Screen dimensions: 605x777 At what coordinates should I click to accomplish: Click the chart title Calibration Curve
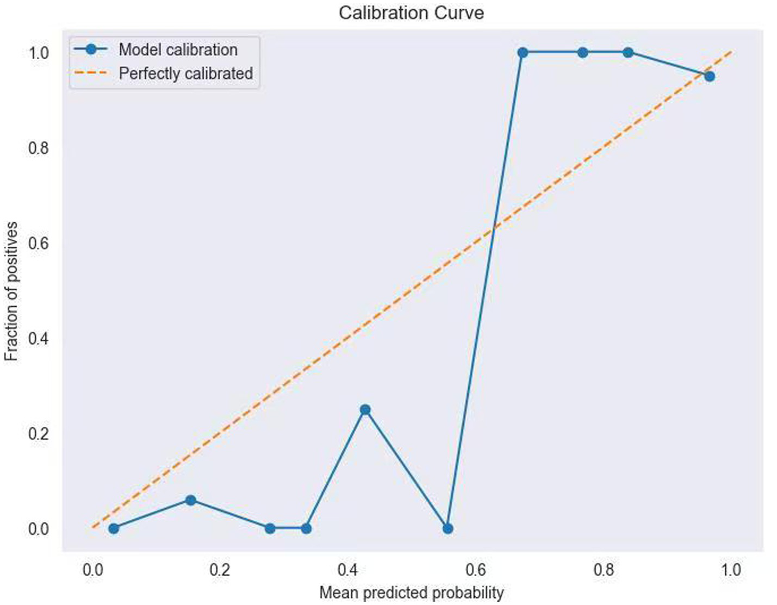coord(411,13)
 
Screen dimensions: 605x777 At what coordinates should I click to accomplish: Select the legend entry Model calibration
coord(178,49)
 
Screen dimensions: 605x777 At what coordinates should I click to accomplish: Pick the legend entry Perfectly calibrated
coord(185,73)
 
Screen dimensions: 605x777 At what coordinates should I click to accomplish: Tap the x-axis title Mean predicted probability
coord(411,592)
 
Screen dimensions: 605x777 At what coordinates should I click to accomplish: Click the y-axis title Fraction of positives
coord(11,291)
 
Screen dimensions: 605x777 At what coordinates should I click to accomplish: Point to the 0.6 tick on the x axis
coord(476,570)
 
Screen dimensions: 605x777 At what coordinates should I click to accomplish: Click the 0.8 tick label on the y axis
coord(39,148)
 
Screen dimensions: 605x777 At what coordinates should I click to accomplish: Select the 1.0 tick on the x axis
coord(731,570)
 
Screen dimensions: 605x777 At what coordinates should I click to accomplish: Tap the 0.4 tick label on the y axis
coord(39,339)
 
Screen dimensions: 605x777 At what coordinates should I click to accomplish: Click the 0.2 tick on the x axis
coord(220,570)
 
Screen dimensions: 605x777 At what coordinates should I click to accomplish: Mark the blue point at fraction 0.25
coord(365,409)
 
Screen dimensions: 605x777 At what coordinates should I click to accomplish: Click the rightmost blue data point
coord(709,76)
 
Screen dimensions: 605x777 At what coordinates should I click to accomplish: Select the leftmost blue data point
coord(113,528)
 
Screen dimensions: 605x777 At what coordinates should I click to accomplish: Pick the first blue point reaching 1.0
coord(523,53)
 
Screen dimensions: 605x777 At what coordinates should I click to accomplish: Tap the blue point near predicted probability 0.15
coord(190,500)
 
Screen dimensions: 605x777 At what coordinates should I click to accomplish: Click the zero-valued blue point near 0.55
coord(447,528)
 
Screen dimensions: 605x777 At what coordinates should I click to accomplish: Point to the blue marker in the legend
coord(91,49)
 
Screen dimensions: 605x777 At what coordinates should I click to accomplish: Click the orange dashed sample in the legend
coord(91,73)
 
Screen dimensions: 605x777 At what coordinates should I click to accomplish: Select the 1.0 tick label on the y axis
coord(39,53)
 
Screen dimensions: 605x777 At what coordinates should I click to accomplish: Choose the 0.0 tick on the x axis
coord(92,570)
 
